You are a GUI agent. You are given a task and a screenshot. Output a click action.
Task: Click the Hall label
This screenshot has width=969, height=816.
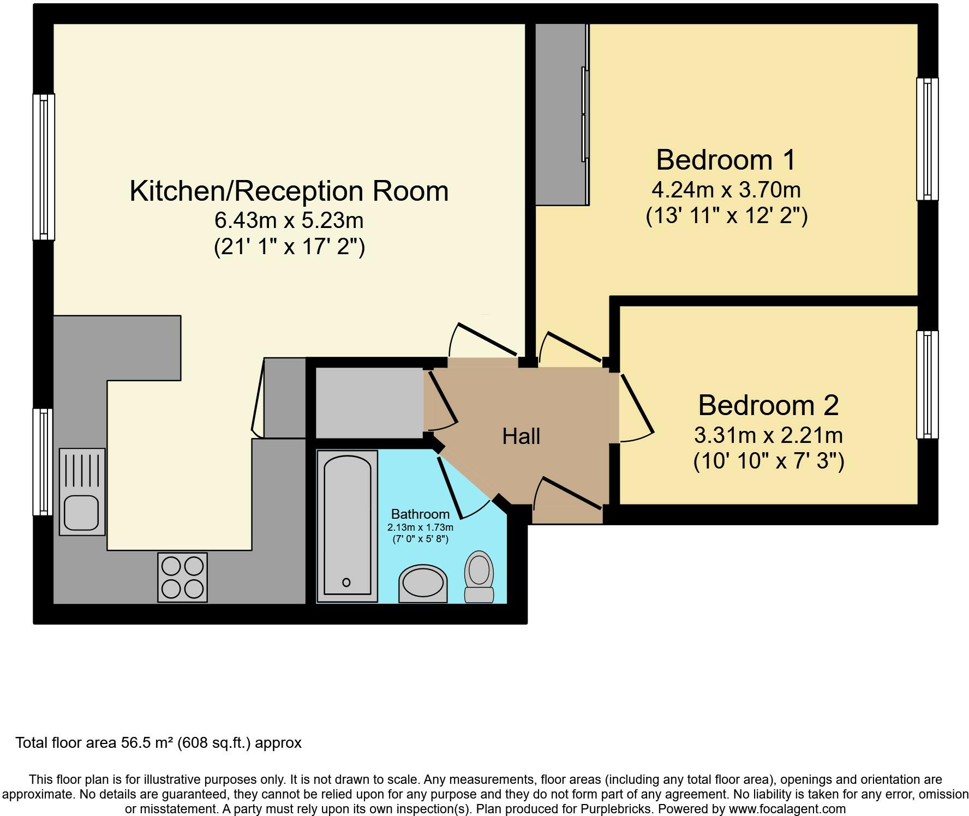(x=521, y=436)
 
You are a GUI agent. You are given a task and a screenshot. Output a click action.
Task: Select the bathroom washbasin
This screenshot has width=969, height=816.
(x=423, y=584)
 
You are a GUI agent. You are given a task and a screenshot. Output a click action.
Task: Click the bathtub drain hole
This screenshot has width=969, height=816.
(x=346, y=583)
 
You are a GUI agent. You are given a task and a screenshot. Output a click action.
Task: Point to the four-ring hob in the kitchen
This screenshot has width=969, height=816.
(x=182, y=577)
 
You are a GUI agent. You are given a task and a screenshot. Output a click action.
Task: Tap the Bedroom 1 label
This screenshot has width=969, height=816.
(x=726, y=160)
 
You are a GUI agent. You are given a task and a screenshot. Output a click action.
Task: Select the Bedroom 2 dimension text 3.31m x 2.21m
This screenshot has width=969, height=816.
(x=768, y=435)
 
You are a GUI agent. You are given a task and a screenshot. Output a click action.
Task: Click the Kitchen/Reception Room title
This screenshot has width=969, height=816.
(x=289, y=191)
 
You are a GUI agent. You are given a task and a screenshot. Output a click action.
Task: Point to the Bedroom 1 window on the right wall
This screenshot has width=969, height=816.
(x=927, y=139)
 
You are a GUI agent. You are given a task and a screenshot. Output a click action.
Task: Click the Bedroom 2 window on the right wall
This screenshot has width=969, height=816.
(x=927, y=384)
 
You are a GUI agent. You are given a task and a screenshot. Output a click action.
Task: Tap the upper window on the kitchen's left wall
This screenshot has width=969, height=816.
(x=44, y=167)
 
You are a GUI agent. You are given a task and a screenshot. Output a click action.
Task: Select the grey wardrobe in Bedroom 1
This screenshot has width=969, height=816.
(x=560, y=115)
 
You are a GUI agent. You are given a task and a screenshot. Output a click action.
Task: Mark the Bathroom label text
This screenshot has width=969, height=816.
(x=420, y=514)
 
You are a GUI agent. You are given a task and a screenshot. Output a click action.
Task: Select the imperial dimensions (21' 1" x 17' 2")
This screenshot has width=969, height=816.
(x=289, y=247)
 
